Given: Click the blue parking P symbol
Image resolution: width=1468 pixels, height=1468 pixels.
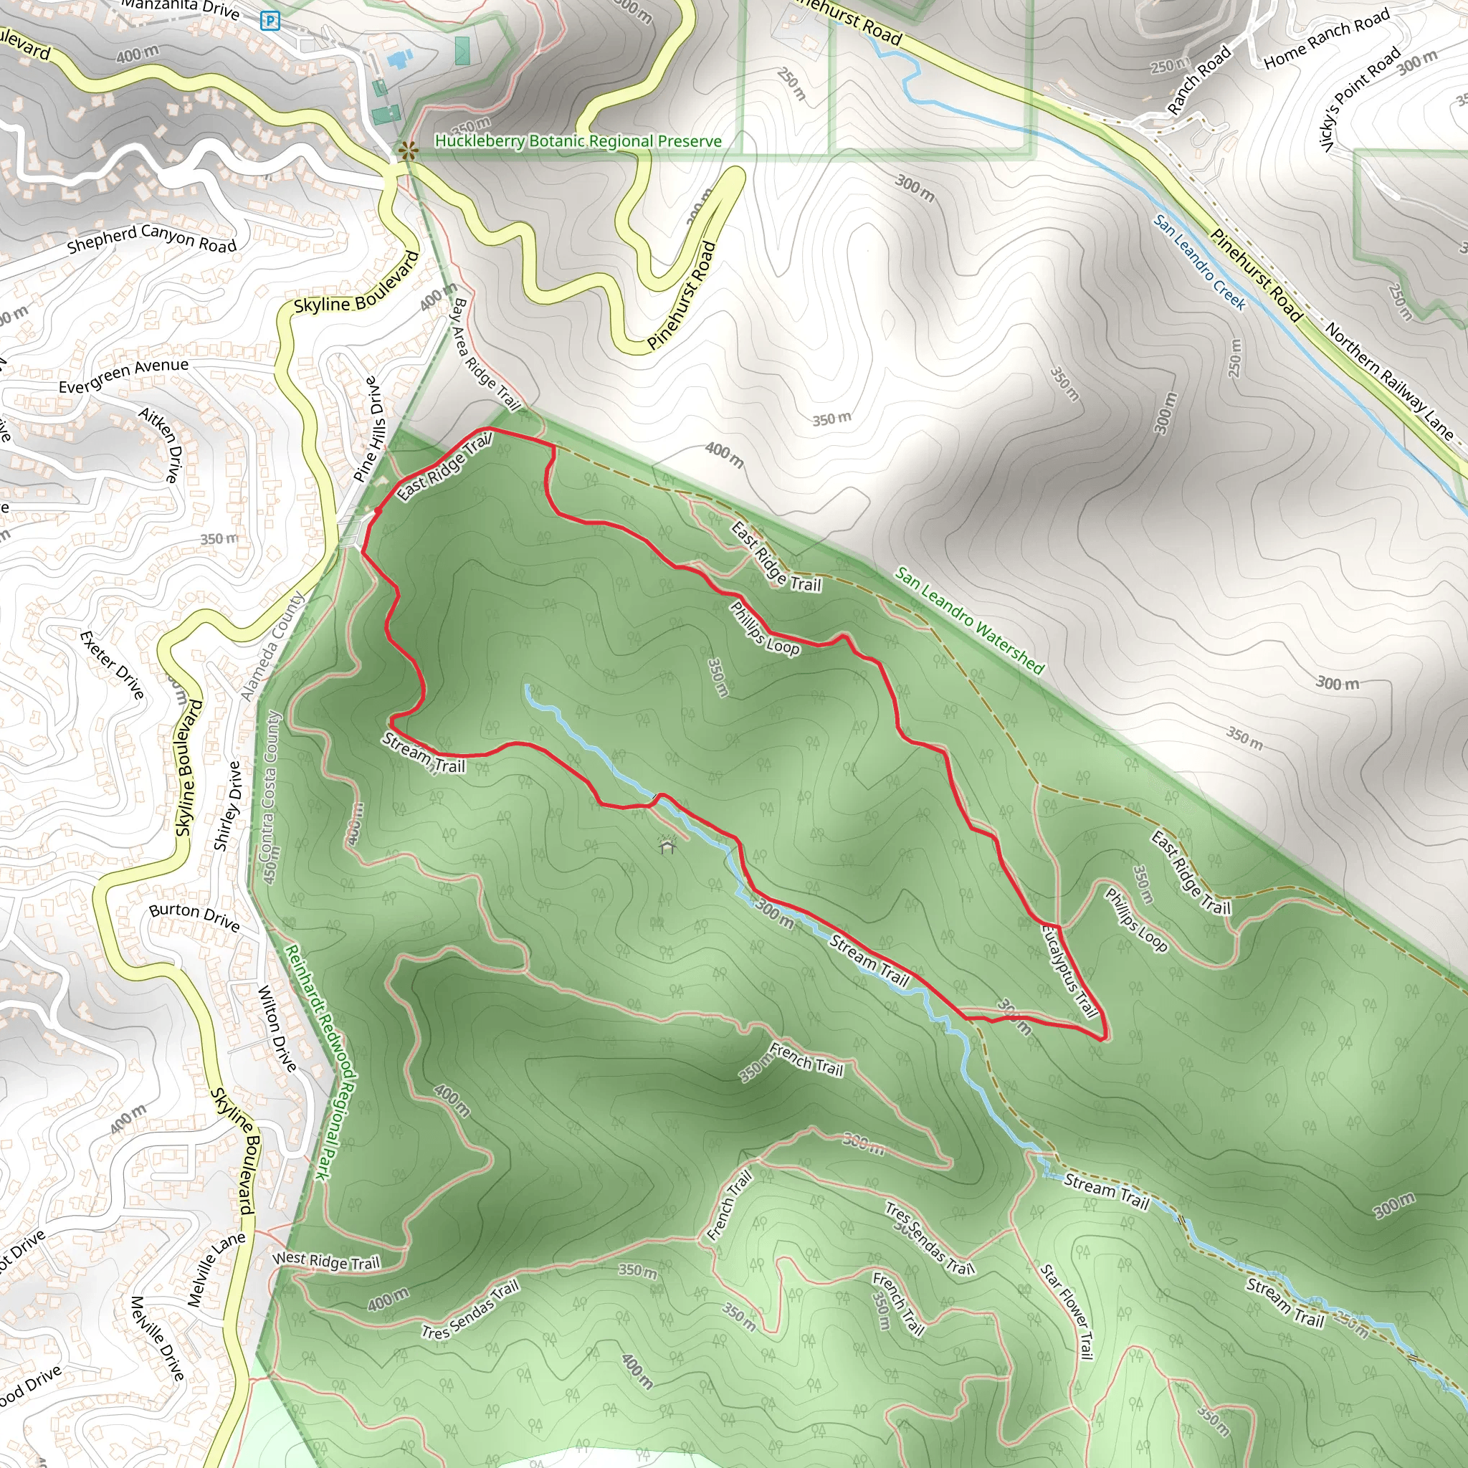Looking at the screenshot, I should pyautogui.click(x=270, y=21).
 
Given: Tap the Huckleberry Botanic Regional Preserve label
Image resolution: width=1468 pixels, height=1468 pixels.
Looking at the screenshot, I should pyautogui.click(x=578, y=141).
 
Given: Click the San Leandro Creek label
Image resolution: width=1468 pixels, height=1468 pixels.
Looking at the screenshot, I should pyautogui.click(x=1200, y=262).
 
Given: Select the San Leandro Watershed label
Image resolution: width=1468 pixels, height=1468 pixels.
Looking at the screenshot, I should pyautogui.click(x=970, y=620).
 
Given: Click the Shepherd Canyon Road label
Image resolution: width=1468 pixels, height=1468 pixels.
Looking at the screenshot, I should pyautogui.click(x=152, y=239).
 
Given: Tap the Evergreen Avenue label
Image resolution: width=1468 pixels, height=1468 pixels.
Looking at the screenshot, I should pyautogui.click(x=123, y=376).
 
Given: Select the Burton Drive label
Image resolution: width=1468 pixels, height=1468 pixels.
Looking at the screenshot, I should pyautogui.click(x=194, y=917).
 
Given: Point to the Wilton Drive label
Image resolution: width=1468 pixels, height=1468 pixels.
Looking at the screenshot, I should pyautogui.click(x=277, y=1028).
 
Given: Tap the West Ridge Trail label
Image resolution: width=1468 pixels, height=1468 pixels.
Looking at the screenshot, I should pyautogui.click(x=326, y=1262).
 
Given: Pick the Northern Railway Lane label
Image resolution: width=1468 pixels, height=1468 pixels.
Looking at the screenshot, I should pyautogui.click(x=1390, y=381).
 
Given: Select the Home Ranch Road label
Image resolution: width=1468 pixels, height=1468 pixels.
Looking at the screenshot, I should pyautogui.click(x=1328, y=39).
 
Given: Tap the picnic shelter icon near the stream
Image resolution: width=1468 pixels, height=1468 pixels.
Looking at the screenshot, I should pyautogui.click(x=667, y=845).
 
